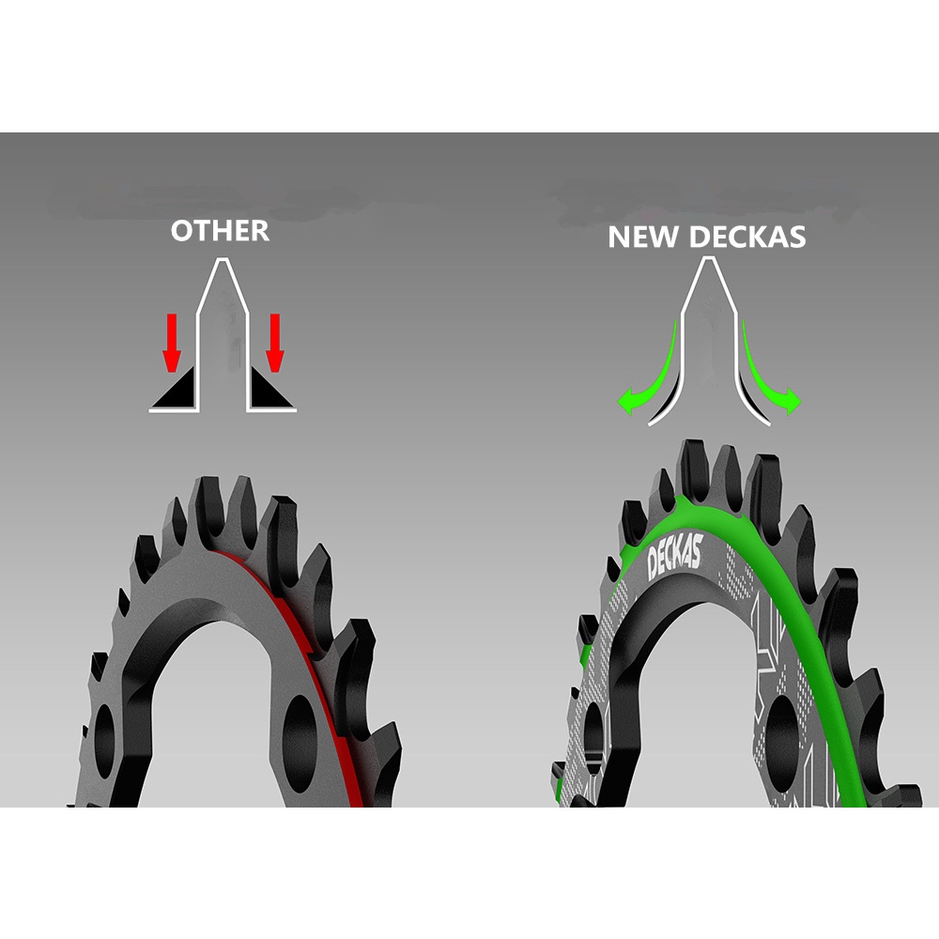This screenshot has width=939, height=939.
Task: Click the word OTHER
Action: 220,231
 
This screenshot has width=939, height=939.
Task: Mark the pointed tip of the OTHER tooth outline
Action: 223,263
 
